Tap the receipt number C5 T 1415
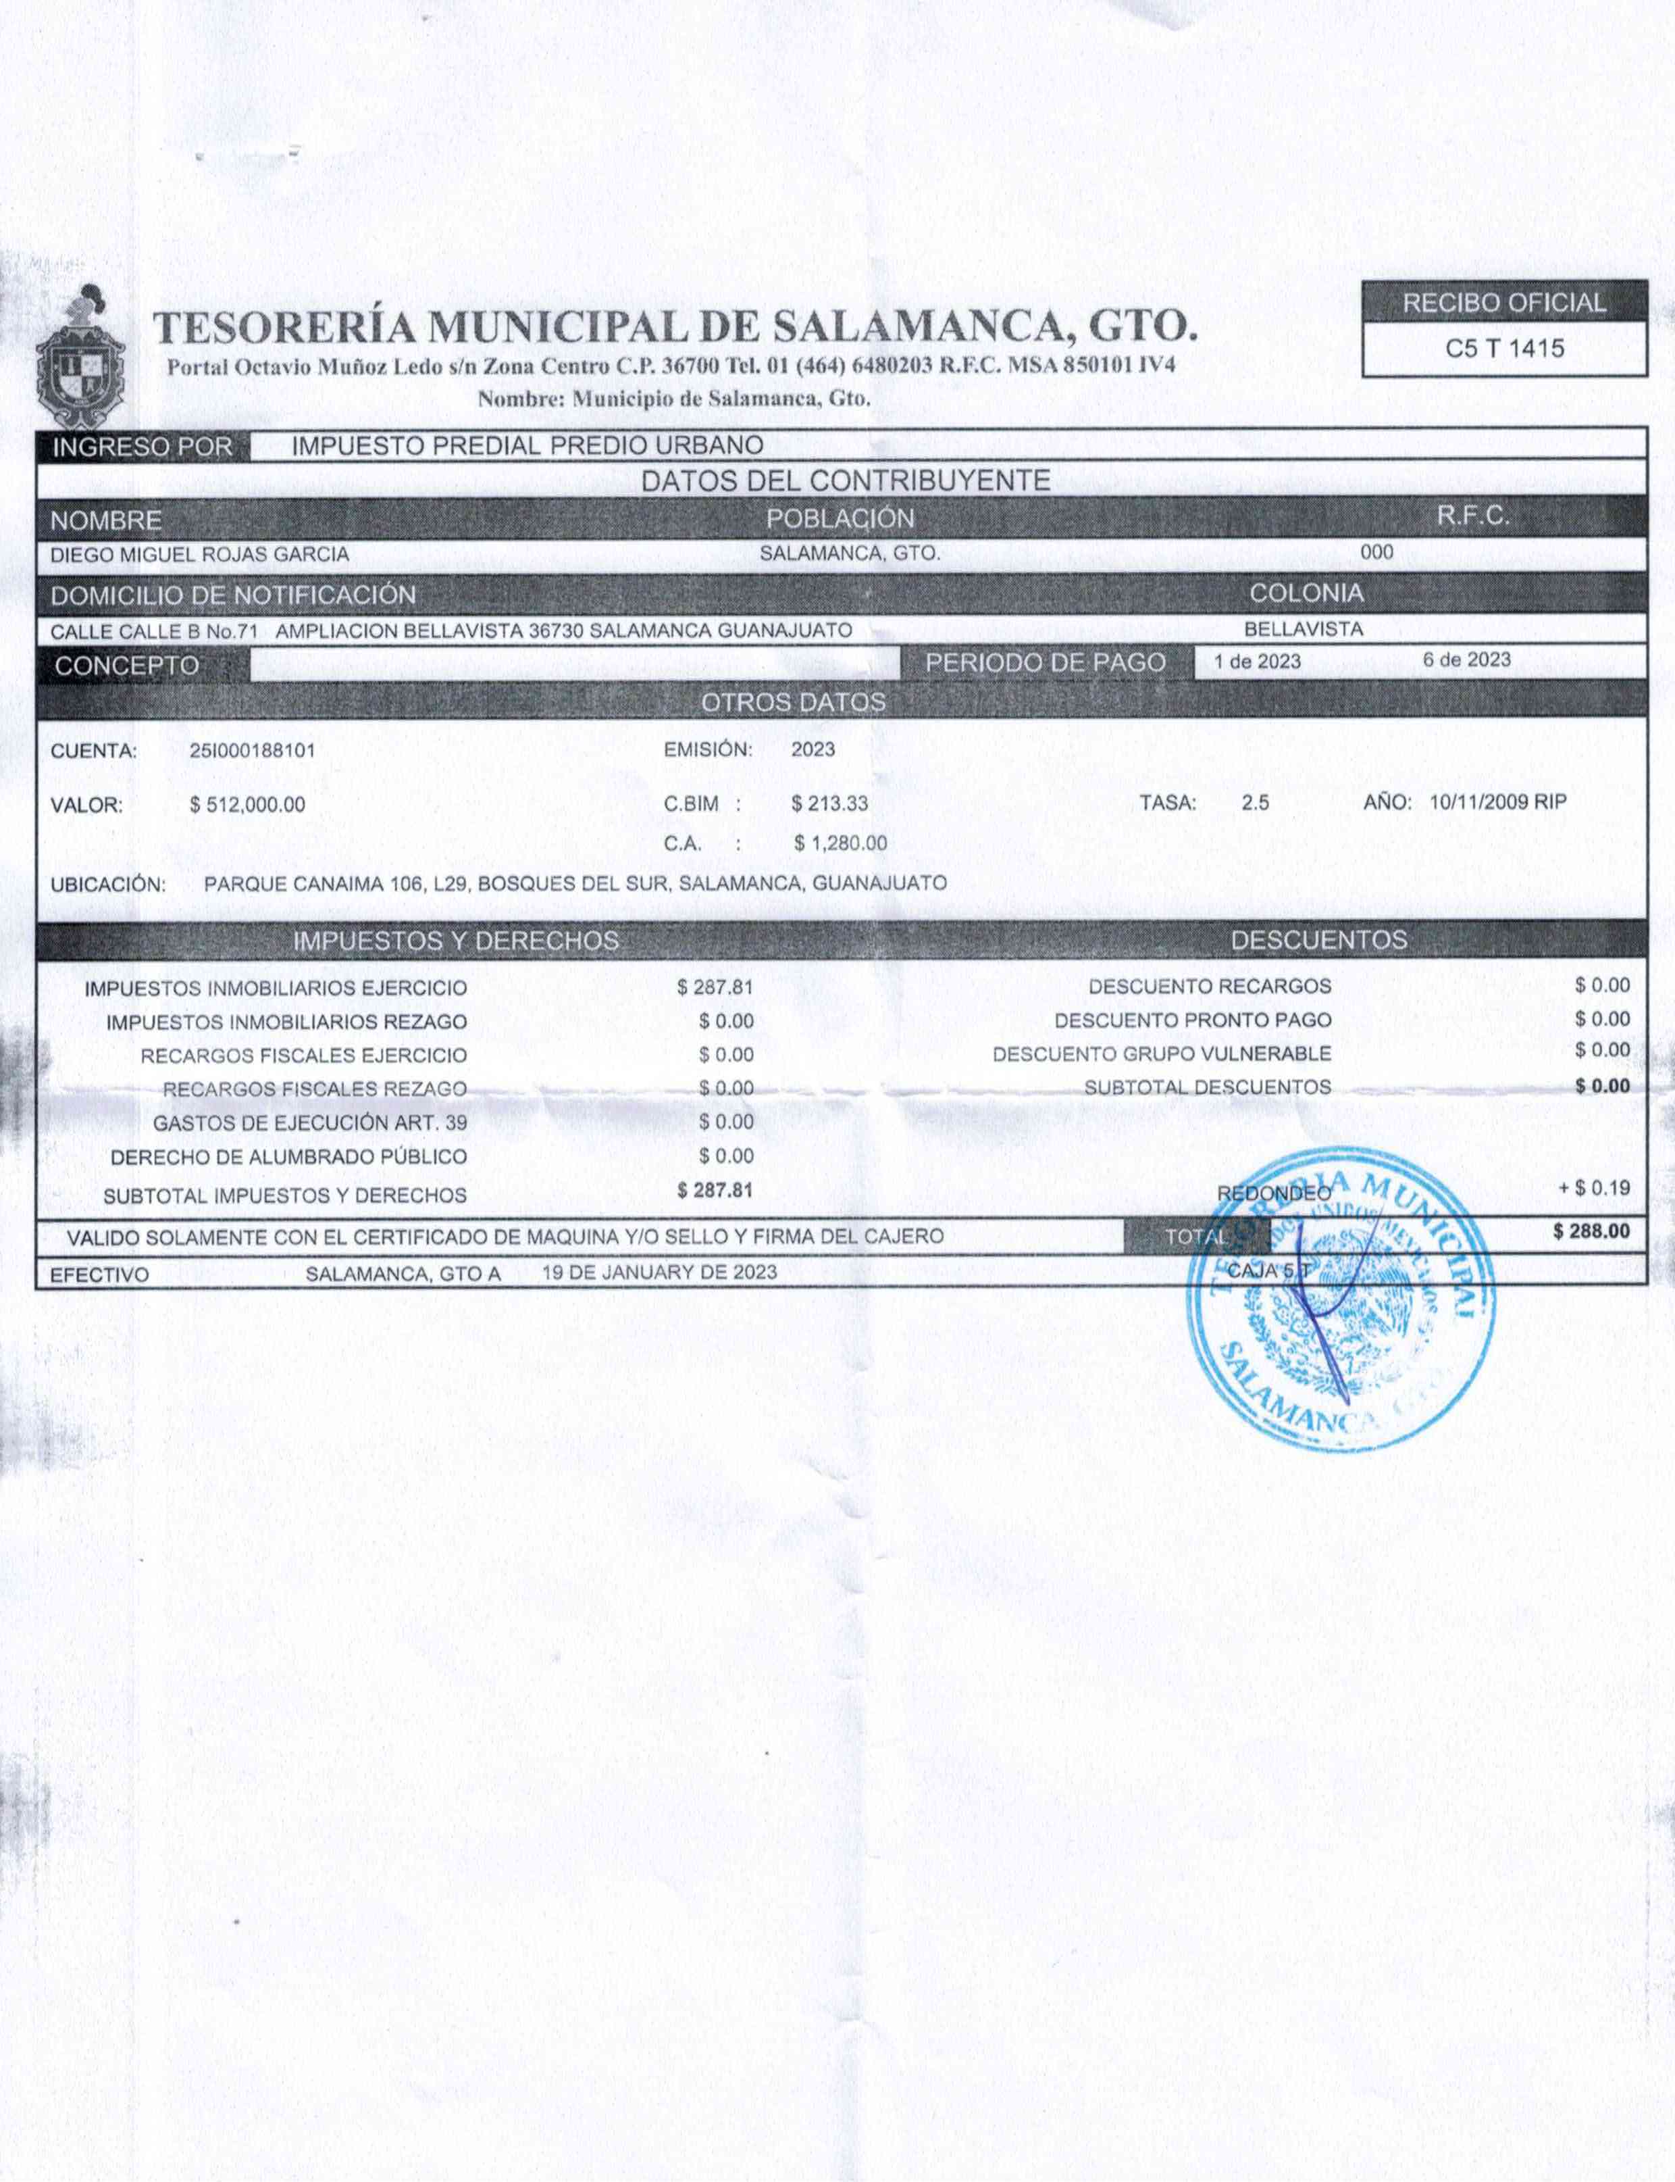(1505, 349)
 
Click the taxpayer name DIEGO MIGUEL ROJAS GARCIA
(199, 555)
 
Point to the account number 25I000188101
(252, 750)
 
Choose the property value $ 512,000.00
(247, 805)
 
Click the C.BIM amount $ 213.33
(829, 803)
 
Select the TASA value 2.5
(1256, 803)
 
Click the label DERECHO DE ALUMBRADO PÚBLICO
(289, 1158)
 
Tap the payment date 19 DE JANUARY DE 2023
(659, 1272)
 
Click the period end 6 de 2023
(1466, 660)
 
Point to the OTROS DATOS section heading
(794, 703)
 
